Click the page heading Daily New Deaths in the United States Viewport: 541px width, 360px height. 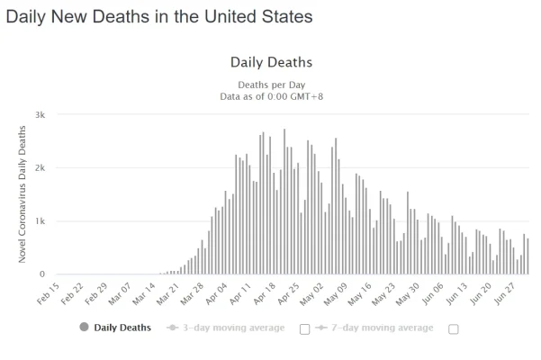point(159,17)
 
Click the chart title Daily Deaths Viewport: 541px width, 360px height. point(271,62)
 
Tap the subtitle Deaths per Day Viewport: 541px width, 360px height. point(271,84)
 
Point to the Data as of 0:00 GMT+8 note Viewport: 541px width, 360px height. point(271,96)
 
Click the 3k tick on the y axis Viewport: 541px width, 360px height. point(40,115)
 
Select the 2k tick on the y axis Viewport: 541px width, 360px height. point(40,168)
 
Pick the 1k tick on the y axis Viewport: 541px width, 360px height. point(40,221)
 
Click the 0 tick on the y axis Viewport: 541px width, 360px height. point(42,274)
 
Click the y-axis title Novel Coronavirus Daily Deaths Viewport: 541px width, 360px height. point(23,194)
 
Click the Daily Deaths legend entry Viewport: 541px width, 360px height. point(115,328)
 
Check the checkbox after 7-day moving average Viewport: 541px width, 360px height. point(453,328)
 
